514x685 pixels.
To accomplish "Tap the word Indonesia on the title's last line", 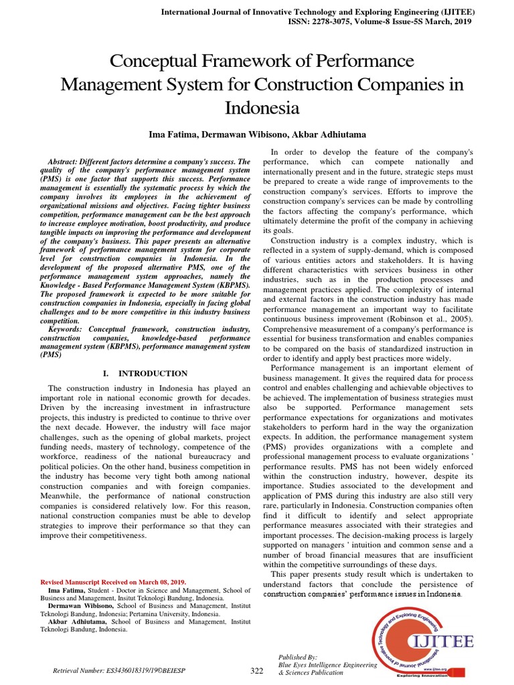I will (262, 108).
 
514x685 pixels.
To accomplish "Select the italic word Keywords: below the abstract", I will (67, 329).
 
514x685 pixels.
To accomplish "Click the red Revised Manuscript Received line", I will (114, 582).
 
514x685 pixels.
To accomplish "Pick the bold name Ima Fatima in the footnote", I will (66, 591).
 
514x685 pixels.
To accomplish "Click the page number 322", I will (257, 671).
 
